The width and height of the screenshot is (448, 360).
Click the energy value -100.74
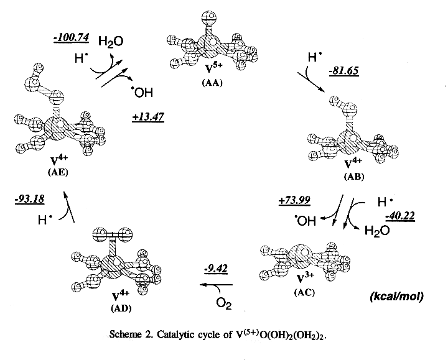pos(72,39)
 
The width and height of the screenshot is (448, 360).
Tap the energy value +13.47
pos(148,116)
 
